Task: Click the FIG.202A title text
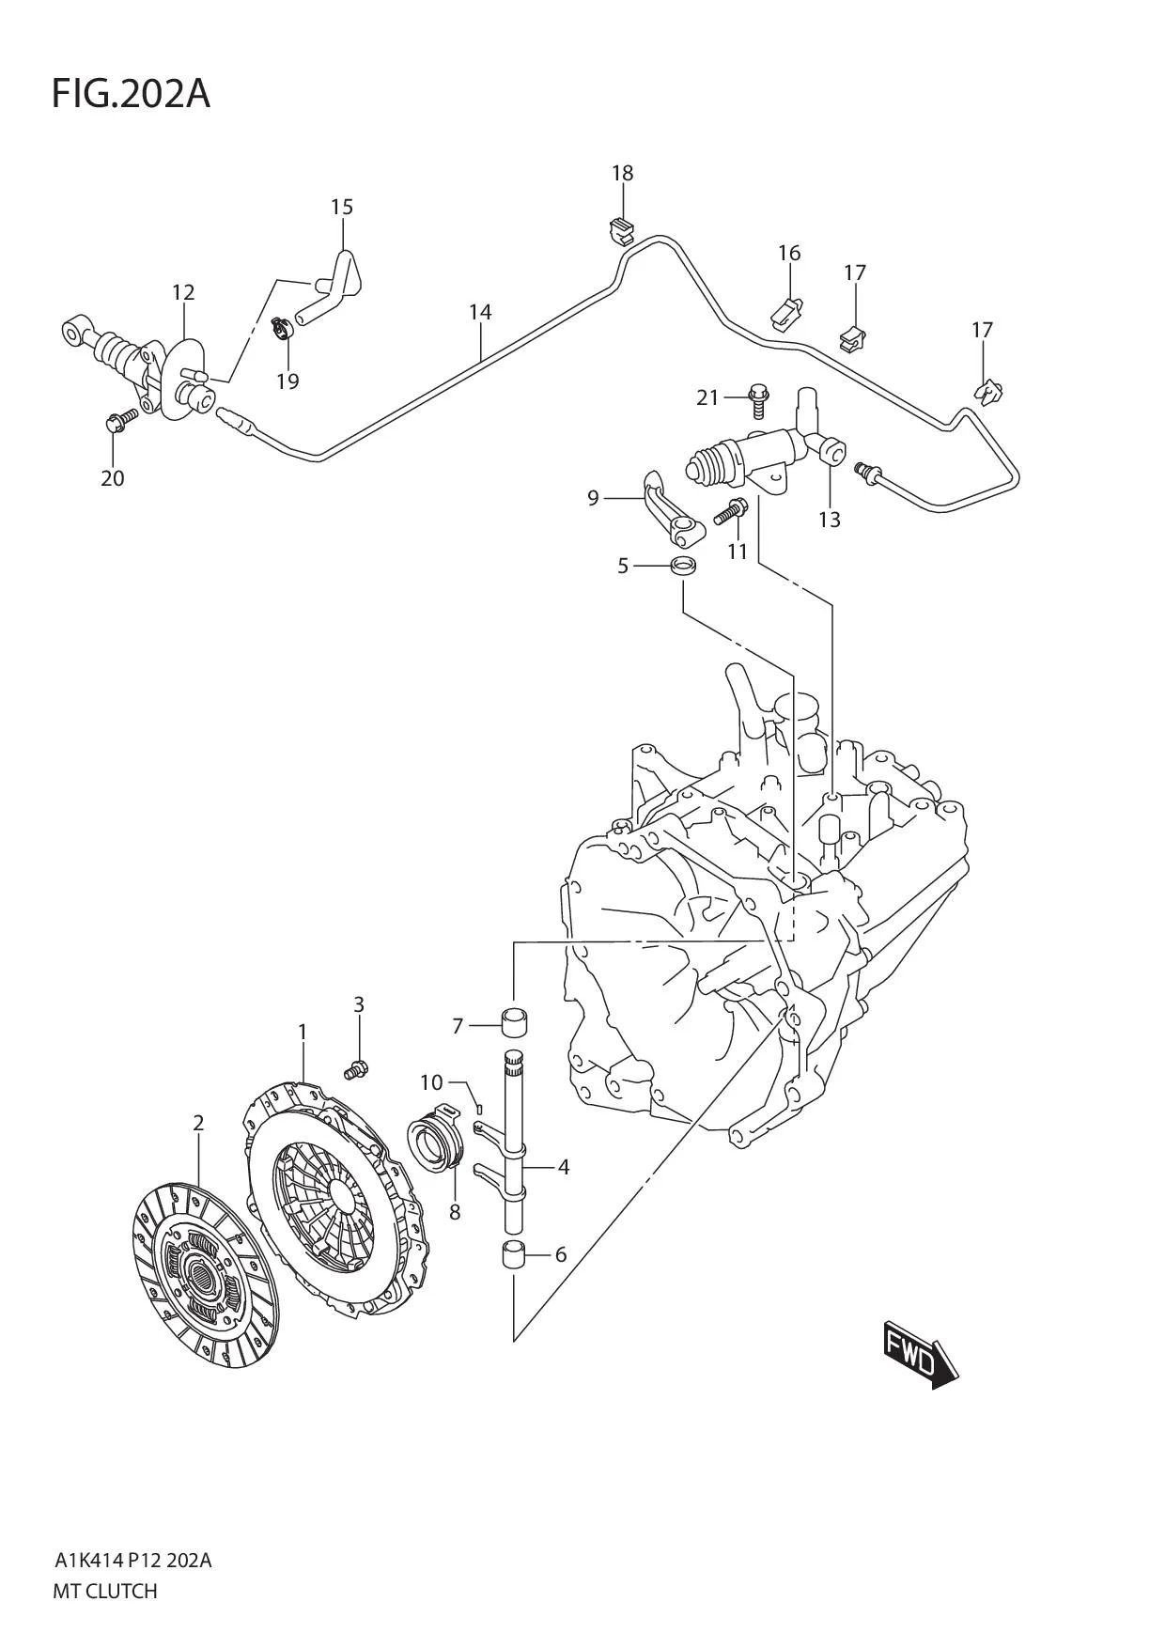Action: coord(131,94)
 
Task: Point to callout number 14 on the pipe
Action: coord(480,312)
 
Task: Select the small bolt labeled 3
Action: coord(357,1067)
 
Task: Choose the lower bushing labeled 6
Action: coord(513,1256)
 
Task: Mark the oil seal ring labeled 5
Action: coord(685,567)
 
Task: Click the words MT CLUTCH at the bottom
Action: coord(105,1592)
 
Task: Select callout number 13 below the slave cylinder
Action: coord(829,520)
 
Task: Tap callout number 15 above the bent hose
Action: coord(341,207)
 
